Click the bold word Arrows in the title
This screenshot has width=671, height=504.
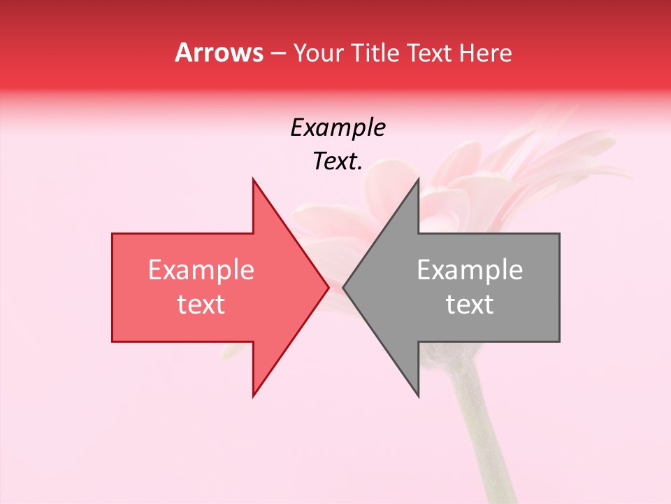tap(219, 52)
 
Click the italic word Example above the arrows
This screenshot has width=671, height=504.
tap(338, 127)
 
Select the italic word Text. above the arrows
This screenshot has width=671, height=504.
tap(338, 162)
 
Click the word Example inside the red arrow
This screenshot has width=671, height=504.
tap(201, 270)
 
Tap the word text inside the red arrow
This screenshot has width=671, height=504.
tap(201, 304)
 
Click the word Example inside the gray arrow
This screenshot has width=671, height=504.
tap(470, 270)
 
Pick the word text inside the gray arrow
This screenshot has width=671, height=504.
tap(470, 304)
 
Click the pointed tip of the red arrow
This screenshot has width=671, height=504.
tap(329, 287)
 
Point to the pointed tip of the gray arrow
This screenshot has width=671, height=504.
tap(344, 287)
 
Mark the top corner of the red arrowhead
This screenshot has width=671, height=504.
tap(253, 179)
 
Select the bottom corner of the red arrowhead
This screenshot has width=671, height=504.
tap(253, 396)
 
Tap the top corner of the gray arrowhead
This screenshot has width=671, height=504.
tap(418, 179)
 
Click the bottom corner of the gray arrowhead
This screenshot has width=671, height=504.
tap(418, 396)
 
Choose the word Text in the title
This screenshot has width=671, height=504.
tap(432, 52)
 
